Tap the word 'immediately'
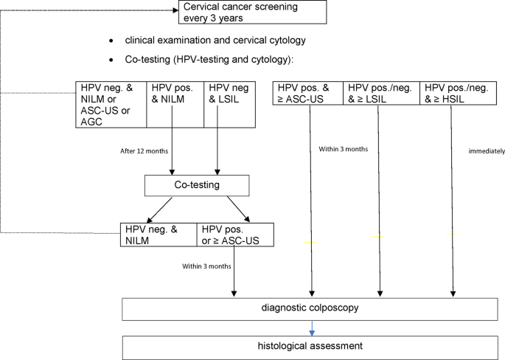(x=487, y=151)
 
